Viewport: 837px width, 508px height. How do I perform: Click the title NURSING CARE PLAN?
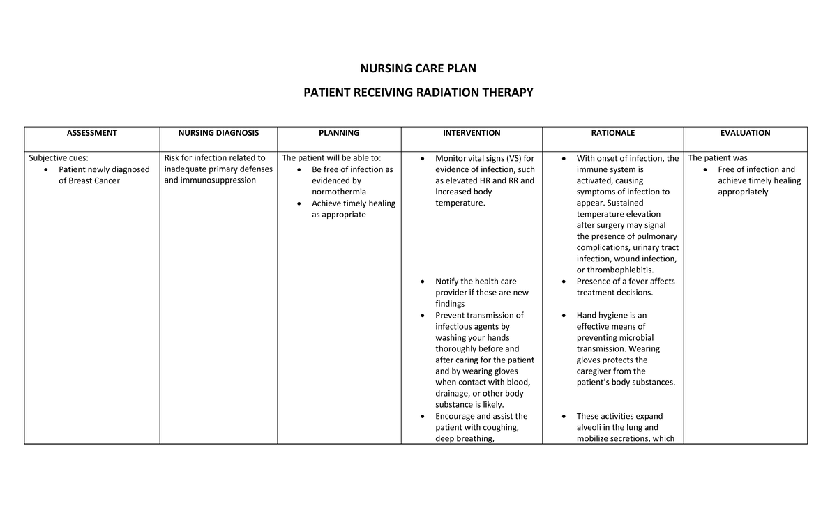pyautogui.click(x=418, y=68)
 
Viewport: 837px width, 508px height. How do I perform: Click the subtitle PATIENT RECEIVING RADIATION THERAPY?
pyautogui.click(x=418, y=93)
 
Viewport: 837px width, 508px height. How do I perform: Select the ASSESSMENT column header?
pyautogui.click(x=91, y=133)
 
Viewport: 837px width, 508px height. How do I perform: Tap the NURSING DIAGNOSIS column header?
pyautogui.click(x=218, y=133)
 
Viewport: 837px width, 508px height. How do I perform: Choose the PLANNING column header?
pyautogui.click(x=339, y=133)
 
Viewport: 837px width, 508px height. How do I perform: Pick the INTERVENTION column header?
pyautogui.click(x=472, y=133)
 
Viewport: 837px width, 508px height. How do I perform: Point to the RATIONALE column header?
pyautogui.click(x=612, y=133)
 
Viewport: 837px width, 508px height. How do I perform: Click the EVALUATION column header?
pyautogui.click(x=745, y=133)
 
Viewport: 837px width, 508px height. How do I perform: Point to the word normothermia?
pyautogui.click(x=339, y=192)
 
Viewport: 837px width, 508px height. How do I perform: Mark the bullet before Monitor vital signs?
pyautogui.click(x=425, y=159)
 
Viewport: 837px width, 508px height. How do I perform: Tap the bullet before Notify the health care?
pyautogui.click(x=425, y=282)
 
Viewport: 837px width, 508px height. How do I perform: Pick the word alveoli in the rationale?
pyautogui.click(x=590, y=427)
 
